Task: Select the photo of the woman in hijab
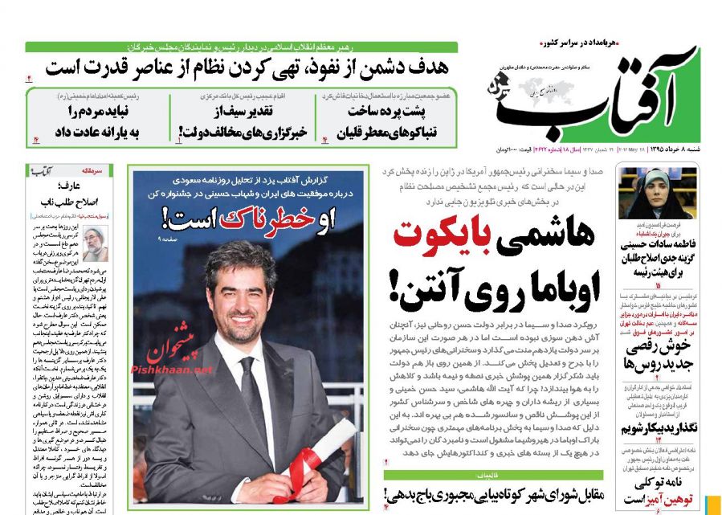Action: [646, 194]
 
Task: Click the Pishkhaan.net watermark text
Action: [173, 370]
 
